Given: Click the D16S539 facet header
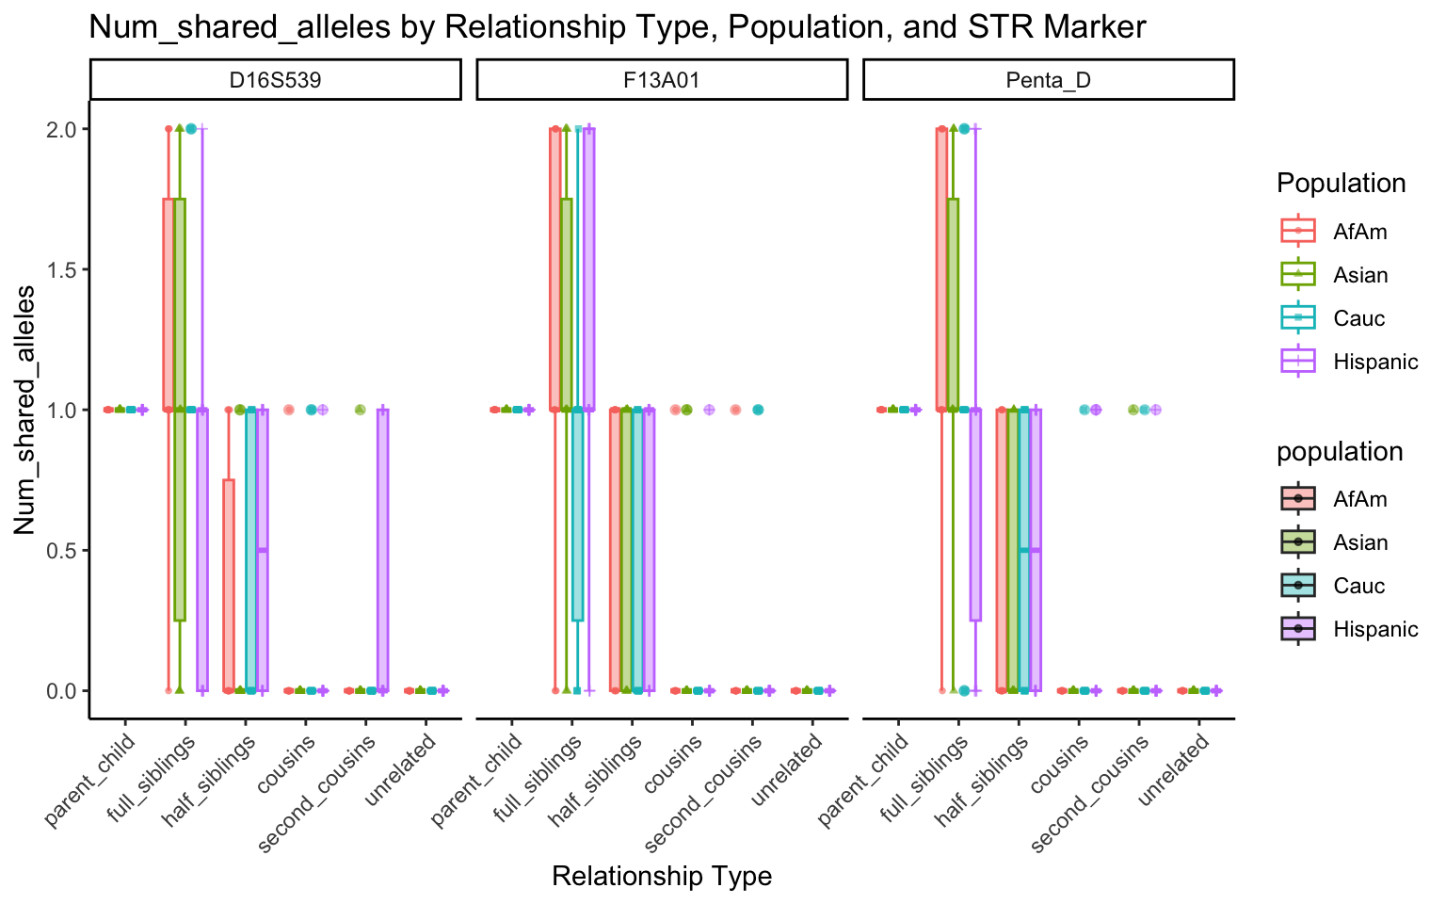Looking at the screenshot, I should tap(275, 80).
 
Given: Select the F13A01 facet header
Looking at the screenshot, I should tap(662, 80).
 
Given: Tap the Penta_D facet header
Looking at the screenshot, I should tap(1048, 80).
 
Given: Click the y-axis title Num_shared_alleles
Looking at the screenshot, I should tap(24, 410).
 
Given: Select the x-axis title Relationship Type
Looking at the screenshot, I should tap(662, 876).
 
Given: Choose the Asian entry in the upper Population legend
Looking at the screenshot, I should tap(1359, 275).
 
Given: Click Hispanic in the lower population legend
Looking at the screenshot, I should tap(1374, 629).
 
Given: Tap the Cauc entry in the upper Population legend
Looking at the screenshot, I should tap(1358, 318).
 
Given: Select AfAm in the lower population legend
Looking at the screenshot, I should tap(1359, 499).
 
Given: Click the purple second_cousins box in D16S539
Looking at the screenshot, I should tap(382, 550).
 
